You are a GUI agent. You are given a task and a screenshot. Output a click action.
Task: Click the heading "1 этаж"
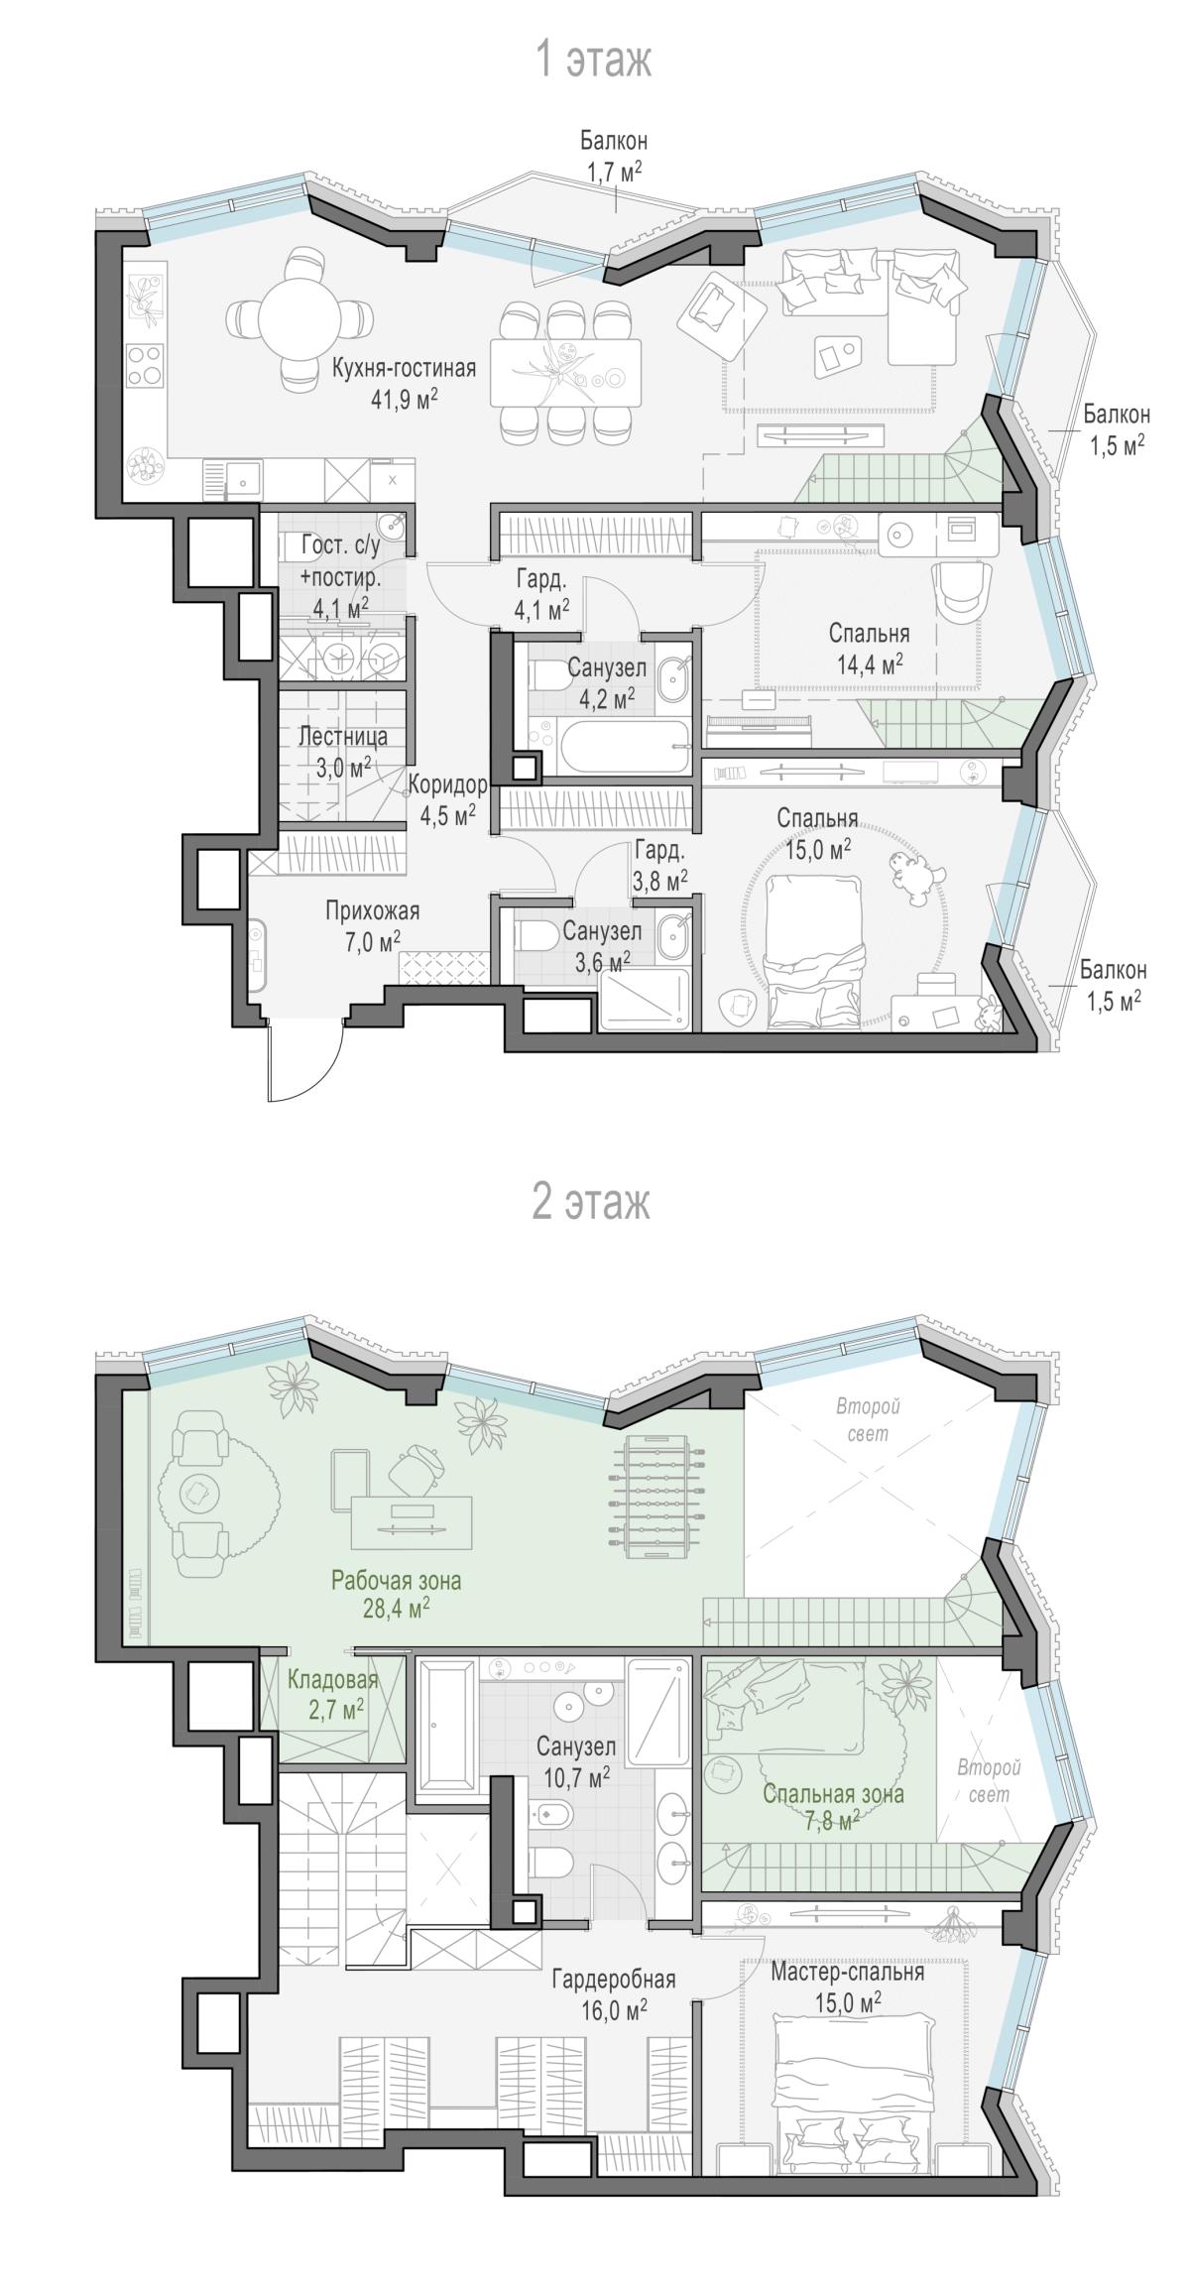coord(593,61)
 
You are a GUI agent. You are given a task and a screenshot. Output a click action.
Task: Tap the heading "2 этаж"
coord(592,1204)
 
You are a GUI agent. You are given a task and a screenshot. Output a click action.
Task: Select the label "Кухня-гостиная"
coord(404,369)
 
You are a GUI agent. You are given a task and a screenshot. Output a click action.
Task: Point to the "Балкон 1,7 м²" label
coord(615,158)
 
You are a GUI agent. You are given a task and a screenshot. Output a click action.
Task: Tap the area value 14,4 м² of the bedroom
coord(869,663)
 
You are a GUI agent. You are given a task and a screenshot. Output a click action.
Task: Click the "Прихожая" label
coord(373,910)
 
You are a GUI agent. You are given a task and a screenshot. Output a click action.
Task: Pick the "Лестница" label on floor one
coord(343,737)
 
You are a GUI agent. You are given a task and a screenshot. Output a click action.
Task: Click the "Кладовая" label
coord(333,1680)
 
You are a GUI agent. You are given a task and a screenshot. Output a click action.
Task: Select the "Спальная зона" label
coord(833,1794)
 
